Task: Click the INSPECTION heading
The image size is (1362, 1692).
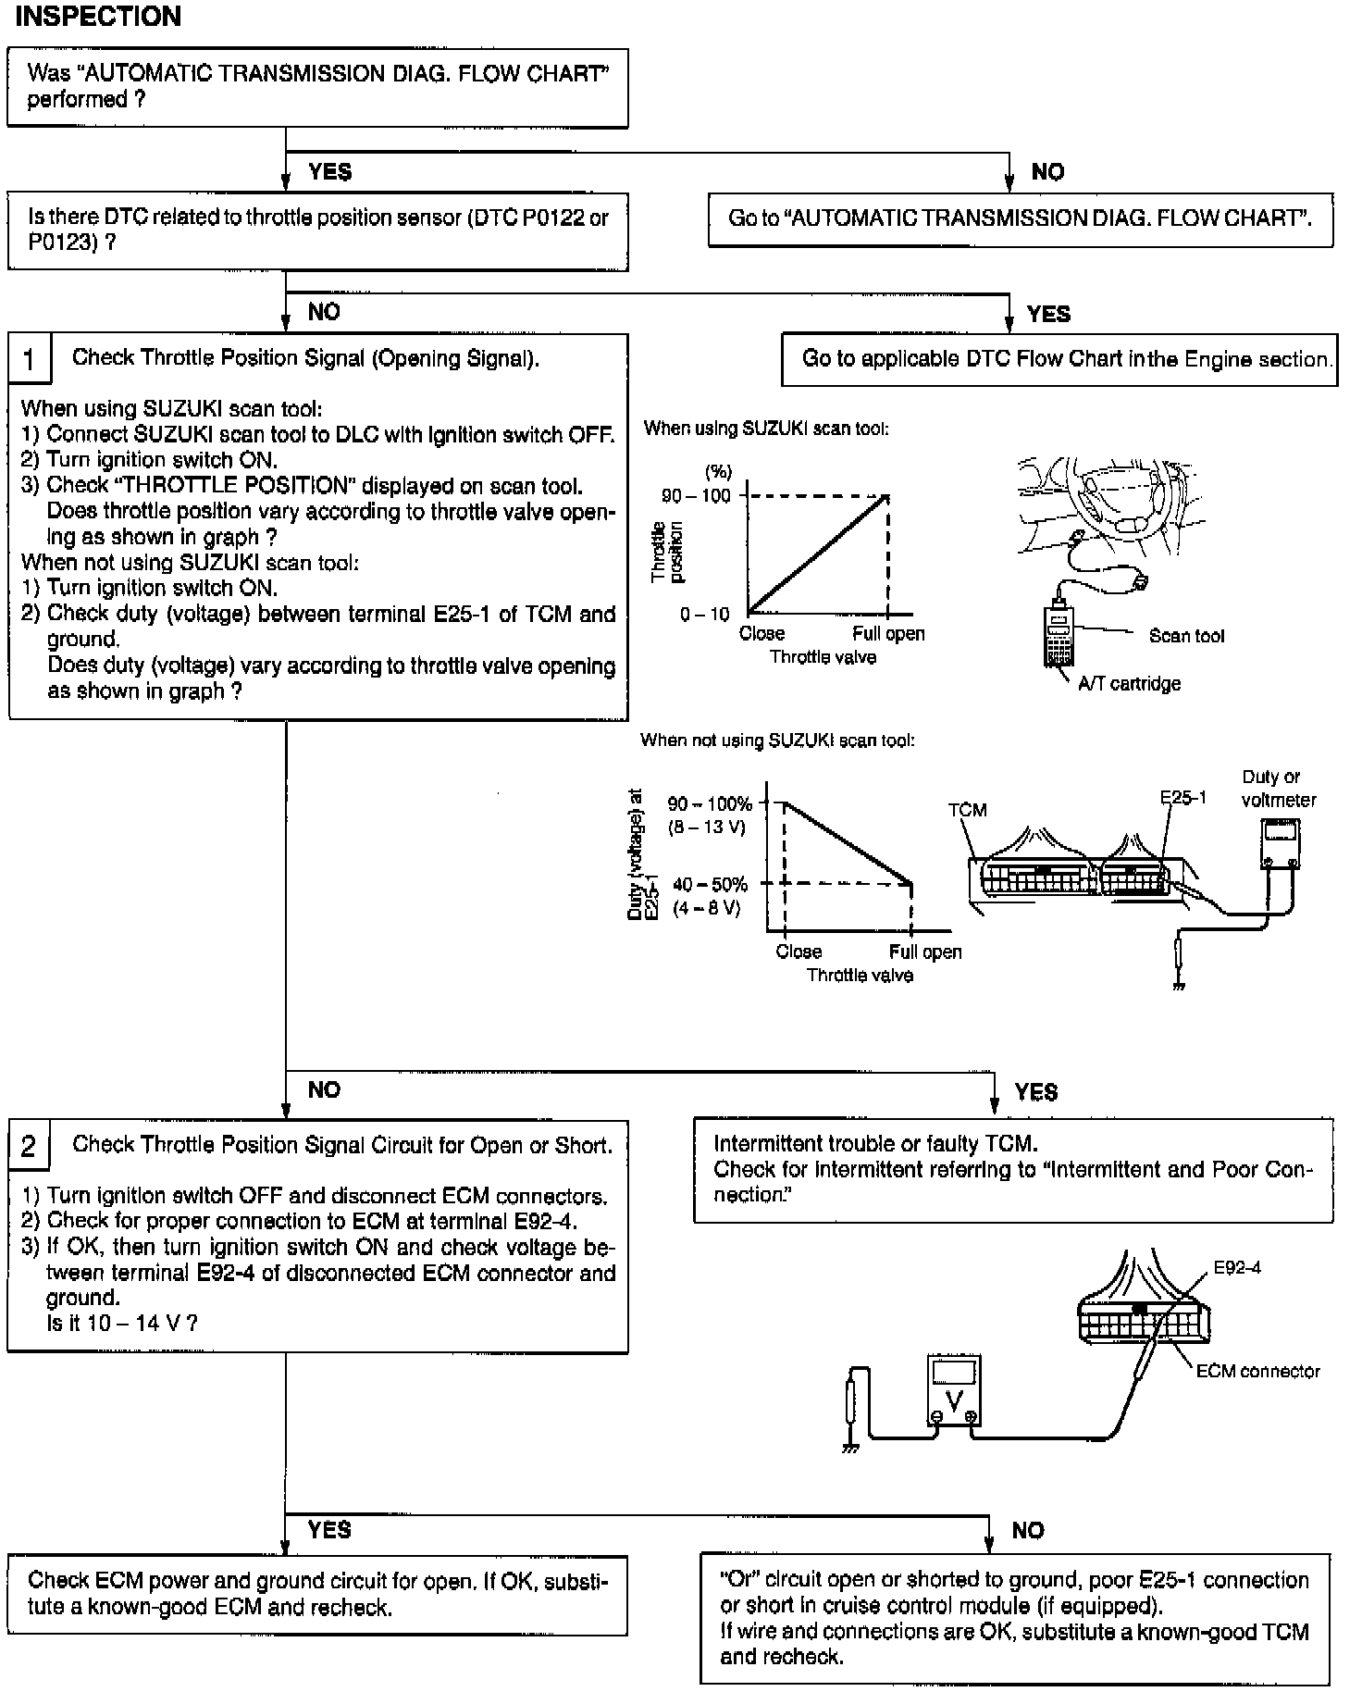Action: coord(98,17)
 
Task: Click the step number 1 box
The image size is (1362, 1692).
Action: coord(30,359)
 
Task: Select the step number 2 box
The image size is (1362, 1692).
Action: coord(29,1146)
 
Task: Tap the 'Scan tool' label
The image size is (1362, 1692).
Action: coord(1185,636)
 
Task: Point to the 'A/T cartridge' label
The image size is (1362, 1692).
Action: coord(1129,684)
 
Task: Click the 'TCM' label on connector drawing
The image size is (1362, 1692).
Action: coord(967,810)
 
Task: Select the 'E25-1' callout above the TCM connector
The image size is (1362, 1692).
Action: coord(1183,797)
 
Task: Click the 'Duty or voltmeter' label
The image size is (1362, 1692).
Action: coord(1278,789)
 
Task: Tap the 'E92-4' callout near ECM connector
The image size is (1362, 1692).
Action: coord(1236,1267)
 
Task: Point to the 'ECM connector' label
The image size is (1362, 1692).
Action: coord(1257,1371)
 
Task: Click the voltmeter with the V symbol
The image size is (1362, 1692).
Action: coord(954,1391)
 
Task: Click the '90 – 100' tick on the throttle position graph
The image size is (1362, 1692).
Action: coord(696,496)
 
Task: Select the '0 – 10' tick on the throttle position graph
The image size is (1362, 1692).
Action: coord(705,614)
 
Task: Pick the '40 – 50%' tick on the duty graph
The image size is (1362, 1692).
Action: coord(711,885)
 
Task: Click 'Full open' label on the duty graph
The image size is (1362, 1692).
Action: coord(925,952)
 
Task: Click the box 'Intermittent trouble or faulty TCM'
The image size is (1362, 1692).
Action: coord(1013,1170)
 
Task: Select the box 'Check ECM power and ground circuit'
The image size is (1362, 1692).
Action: coord(317,1593)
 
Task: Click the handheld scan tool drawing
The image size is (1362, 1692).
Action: coord(1060,631)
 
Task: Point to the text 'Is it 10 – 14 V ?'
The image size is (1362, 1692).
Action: coord(122,1323)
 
